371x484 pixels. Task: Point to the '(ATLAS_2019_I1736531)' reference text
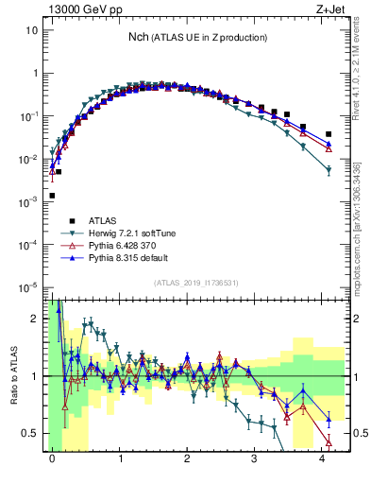point(197,284)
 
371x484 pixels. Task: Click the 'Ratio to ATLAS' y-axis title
point(13,375)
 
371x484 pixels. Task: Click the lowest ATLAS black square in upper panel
point(52,196)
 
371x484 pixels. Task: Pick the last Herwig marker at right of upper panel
point(329,170)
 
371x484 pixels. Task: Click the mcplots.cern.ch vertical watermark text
point(362,227)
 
